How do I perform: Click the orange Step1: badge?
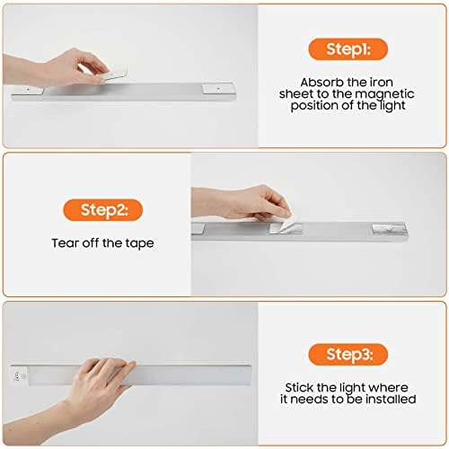pos(348,49)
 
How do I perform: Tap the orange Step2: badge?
pos(103,210)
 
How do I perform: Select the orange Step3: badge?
pos(348,355)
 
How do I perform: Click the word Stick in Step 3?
pos(299,388)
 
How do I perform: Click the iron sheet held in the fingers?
pos(113,74)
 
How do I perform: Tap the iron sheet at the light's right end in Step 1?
pos(218,89)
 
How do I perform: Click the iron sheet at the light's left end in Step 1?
pos(28,90)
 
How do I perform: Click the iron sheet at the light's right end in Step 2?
pos(389,229)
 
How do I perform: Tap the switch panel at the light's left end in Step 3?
pos(18,375)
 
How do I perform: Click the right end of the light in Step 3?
pos(251,374)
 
